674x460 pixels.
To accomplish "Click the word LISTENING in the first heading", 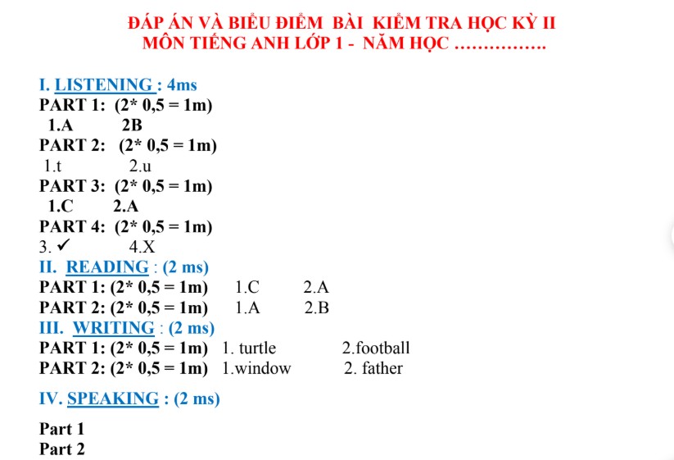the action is [103, 84].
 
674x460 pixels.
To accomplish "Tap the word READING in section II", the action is [107, 267].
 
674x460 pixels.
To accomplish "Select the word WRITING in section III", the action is [113, 328].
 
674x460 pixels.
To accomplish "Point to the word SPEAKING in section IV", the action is [113, 399].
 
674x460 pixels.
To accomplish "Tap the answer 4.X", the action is [142, 247].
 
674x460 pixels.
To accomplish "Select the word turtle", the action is [257, 348].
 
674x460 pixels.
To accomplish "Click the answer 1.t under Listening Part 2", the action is [53, 166].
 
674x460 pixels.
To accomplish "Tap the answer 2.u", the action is [140, 166].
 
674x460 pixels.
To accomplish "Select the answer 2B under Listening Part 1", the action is [132, 125].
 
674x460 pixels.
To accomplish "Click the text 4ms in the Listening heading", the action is [181, 84].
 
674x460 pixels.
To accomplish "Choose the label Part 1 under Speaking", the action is [61, 429].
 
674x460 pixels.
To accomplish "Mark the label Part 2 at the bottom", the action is [61, 449].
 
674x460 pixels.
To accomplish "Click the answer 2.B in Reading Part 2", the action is [316, 308].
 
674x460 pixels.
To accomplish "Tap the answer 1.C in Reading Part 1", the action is [247, 288].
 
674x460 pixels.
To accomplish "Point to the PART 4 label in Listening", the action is [72, 227].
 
